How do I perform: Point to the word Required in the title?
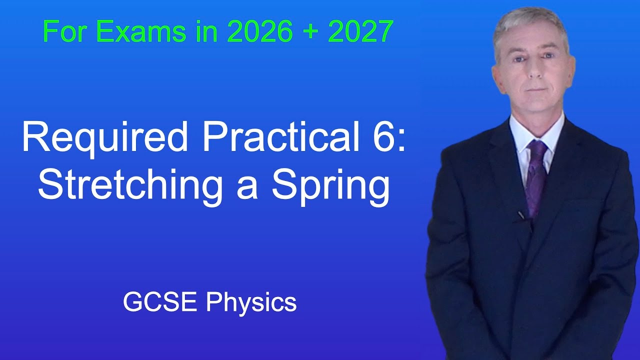tap(104, 138)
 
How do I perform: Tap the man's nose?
tap(533, 71)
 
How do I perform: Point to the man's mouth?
tap(533, 90)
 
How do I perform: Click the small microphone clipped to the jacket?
tap(521, 215)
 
